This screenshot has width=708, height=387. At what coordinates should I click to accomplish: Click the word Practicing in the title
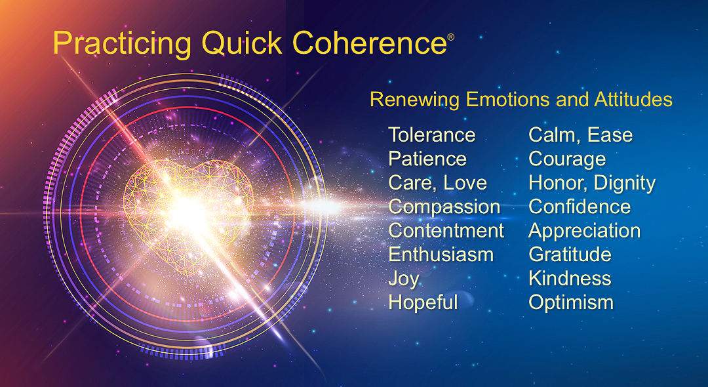tap(123, 43)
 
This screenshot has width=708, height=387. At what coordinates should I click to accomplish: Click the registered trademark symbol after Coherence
tap(450, 37)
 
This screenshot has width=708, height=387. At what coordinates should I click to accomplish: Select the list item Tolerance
tap(431, 135)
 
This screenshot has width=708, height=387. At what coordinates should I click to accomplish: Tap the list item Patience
tap(427, 159)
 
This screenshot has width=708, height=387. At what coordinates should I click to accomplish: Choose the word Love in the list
tap(465, 183)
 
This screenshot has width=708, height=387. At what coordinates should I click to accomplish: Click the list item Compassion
tap(444, 207)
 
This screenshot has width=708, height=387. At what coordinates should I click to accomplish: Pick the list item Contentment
tap(446, 231)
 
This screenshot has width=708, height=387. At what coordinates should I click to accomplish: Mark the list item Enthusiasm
tap(441, 255)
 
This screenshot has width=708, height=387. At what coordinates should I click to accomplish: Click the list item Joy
tap(403, 279)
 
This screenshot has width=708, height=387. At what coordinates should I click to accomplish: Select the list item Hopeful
tap(423, 302)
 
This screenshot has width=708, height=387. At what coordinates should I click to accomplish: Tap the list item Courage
tap(567, 159)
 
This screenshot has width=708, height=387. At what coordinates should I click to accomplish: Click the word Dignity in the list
tap(625, 183)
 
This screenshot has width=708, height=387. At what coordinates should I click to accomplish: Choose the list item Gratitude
tap(570, 255)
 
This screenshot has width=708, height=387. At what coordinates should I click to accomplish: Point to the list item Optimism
tap(571, 302)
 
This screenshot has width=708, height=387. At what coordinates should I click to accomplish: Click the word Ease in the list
tap(610, 135)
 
